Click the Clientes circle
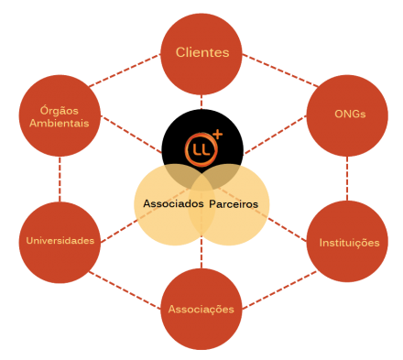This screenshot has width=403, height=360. click(201, 54)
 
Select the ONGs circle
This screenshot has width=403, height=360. click(347, 115)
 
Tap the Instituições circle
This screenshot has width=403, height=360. click(347, 241)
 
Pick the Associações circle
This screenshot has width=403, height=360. click(201, 309)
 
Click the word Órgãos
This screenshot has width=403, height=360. click(60, 110)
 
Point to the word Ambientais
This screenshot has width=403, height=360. click(60, 123)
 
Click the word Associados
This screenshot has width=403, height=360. click(173, 203)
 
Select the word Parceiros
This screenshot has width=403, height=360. click(234, 204)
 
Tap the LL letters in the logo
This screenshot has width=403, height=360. click(201, 149)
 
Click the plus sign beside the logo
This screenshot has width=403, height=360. click(218, 135)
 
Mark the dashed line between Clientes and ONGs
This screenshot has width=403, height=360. click(280, 71)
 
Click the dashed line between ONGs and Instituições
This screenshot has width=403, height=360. click(347, 179)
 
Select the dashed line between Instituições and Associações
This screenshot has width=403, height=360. click(279, 289)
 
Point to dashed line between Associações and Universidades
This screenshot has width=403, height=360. click(125, 290)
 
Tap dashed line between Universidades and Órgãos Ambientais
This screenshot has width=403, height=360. click(60, 180)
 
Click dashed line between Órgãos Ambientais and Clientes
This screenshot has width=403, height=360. click(125, 71)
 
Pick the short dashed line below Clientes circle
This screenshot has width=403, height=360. click(201, 102)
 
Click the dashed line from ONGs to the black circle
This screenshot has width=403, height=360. click(275, 135)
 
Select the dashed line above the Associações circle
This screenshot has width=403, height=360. click(201, 252)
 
